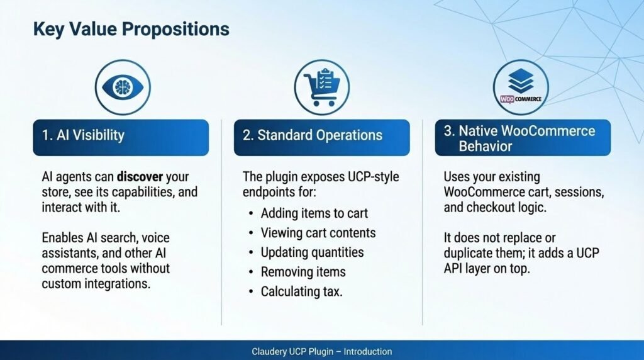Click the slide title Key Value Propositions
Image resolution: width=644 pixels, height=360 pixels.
pyautogui.click(x=131, y=29)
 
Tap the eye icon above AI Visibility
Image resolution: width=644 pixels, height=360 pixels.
pyautogui.click(x=123, y=87)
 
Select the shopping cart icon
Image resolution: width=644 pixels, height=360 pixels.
pyautogui.click(x=321, y=87)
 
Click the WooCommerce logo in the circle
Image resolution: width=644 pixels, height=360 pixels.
pyautogui.click(x=521, y=99)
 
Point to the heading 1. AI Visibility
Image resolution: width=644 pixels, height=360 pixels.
pyautogui.click(x=83, y=135)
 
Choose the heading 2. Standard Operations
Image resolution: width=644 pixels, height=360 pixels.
pyautogui.click(x=313, y=135)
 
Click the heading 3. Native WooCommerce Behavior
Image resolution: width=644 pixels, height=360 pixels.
pyautogui.click(x=519, y=138)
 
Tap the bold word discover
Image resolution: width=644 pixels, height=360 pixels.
pyautogui.click(x=140, y=177)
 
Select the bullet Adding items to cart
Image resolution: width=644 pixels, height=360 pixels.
pyautogui.click(x=314, y=213)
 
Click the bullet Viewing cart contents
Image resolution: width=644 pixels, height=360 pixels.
pyautogui.click(x=318, y=233)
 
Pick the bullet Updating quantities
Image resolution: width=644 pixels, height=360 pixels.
pyautogui.click(x=312, y=252)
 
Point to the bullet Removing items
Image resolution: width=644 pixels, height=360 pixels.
pyautogui.click(x=303, y=272)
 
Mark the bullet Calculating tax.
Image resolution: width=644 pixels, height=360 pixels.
pyautogui.click(x=301, y=292)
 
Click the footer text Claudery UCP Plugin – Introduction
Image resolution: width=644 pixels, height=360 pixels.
pyautogui.click(x=321, y=352)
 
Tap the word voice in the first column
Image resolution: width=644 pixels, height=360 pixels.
pyautogui.click(x=156, y=238)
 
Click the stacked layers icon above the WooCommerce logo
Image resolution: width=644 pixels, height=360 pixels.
pyautogui.click(x=521, y=81)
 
